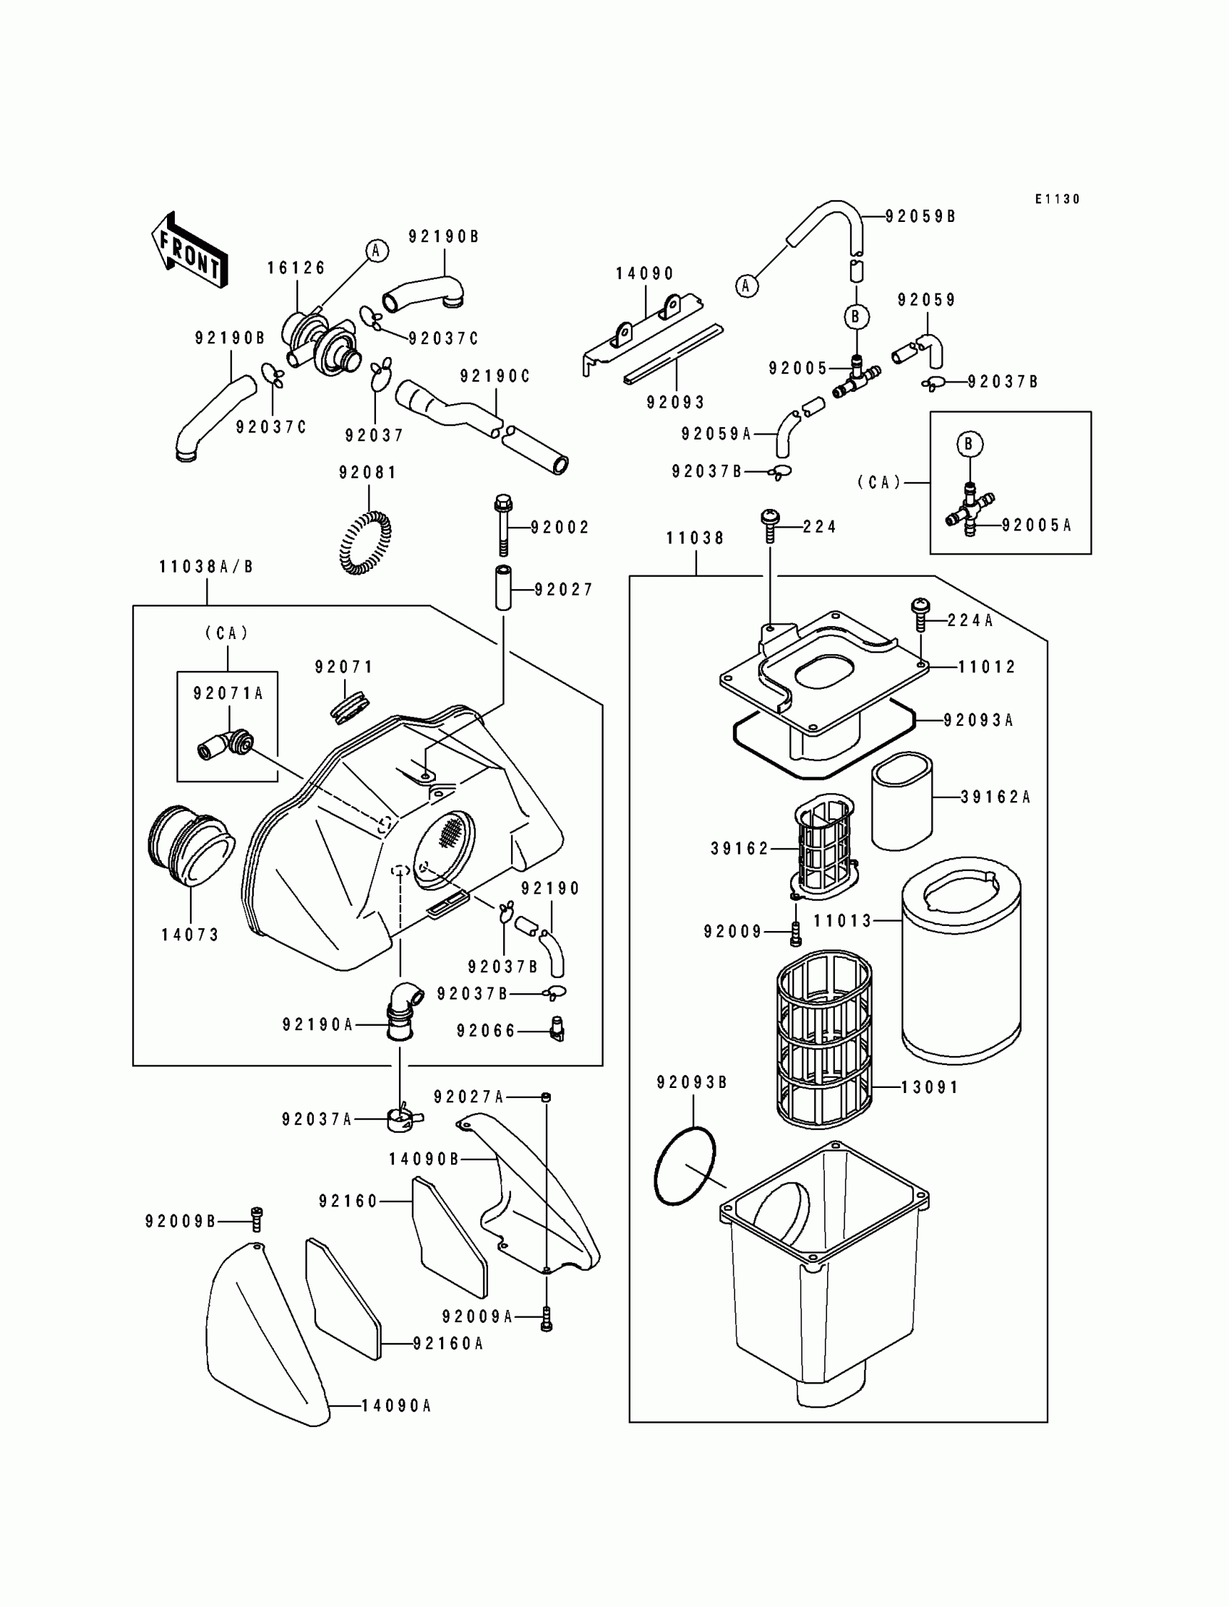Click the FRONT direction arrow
pyautogui.click(x=189, y=250)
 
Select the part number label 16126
pyautogui.click(x=296, y=268)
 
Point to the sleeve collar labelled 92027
pyautogui.click(x=503, y=588)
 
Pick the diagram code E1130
pyautogui.click(x=1057, y=199)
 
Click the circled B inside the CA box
pyautogui.click(x=969, y=444)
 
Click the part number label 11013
pyautogui.click(x=843, y=921)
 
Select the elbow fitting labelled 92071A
pyautogui.click(x=226, y=744)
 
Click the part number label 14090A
pyautogui.click(x=396, y=1406)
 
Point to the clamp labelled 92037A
pyautogui.click(x=404, y=1119)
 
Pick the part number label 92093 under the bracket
pyautogui.click(x=675, y=403)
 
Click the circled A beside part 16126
pyautogui.click(x=377, y=251)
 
